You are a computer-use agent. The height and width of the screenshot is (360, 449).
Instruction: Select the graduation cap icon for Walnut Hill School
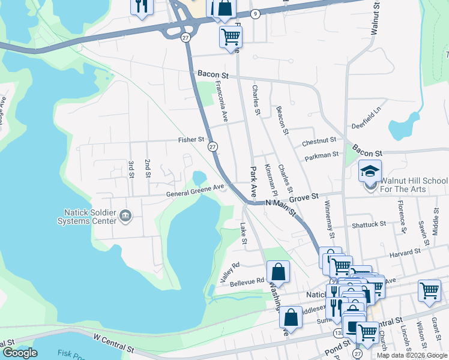370,170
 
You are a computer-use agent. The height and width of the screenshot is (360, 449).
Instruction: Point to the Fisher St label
191,140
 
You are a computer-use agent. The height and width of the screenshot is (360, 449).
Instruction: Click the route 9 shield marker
255,14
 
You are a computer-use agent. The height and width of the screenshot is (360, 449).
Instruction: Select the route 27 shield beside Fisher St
212,146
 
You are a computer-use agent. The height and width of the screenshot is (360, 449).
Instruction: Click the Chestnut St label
318,143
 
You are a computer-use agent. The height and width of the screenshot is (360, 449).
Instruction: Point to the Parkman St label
322,155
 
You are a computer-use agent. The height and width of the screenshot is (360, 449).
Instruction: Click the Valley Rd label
230,265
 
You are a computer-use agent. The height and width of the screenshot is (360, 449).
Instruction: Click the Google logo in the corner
19,353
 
